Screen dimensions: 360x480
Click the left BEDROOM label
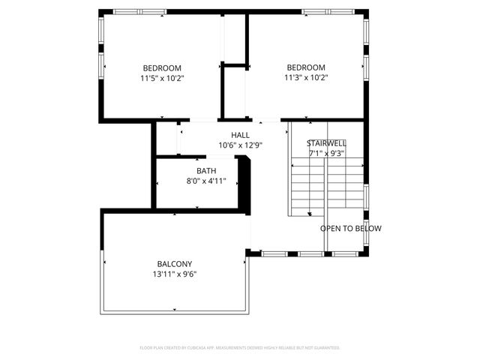tap(162, 67)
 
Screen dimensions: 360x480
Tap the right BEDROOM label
tap(306, 67)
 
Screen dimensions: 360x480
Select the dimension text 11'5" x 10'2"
tap(162, 77)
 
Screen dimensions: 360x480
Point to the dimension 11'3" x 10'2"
tap(306, 76)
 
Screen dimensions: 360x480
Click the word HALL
tap(240, 135)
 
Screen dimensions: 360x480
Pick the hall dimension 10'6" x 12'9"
tap(240, 145)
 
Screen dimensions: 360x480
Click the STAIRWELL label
tap(326, 143)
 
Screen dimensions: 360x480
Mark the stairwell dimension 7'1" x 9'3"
tap(326, 153)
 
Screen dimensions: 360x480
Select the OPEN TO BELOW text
tap(350, 229)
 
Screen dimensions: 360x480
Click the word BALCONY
tap(175, 264)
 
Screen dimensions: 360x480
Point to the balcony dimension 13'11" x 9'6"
tap(175, 274)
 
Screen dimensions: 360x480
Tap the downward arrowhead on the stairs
tap(310, 214)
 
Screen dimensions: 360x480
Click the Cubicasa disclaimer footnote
tap(240, 347)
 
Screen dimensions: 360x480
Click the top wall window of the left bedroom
tap(139, 11)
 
